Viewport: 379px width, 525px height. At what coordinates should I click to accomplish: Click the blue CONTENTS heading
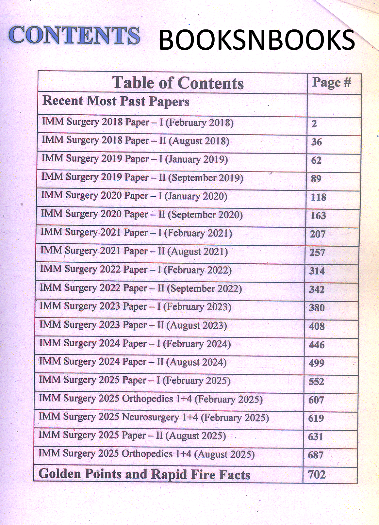click(74, 35)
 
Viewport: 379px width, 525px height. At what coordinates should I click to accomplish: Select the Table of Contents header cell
click(178, 83)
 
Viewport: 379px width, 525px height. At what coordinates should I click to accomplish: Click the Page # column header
click(331, 83)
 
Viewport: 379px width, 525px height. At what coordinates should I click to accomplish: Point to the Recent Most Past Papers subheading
click(116, 101)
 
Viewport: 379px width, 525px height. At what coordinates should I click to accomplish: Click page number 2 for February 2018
click(314, 124)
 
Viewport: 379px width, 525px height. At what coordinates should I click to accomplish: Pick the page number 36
click(316, 142)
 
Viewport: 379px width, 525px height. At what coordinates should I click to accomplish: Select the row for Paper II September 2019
click(142, 178)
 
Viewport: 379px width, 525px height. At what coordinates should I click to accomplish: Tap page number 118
click(319, 197)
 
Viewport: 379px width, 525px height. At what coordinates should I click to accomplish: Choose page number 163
click(318, 216)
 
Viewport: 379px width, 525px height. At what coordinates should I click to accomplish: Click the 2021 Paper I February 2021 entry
click(136, 233)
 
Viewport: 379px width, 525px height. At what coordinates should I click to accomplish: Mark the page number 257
click(317, 253)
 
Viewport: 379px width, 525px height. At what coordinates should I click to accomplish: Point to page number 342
click(317, 289)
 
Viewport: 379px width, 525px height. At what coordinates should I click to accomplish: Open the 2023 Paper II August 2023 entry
click(133, 325)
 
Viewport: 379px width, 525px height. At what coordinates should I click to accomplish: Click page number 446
click(317, 345)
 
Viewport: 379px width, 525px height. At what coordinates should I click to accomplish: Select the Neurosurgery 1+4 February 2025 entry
click(154, 418)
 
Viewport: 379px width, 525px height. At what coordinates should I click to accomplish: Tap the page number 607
click(316, 400)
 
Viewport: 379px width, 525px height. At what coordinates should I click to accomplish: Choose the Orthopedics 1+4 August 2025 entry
click(146, 454)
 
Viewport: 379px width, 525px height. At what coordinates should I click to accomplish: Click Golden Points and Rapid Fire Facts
click(144, 474)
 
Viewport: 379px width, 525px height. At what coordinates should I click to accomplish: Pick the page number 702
click(317, 474)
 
